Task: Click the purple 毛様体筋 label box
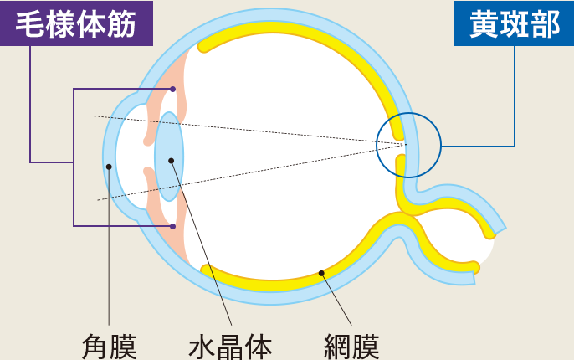tap(76, 23)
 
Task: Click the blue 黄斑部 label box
tap(514, 23)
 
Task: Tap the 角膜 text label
tap(109, 347)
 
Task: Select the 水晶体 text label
tap(230, 347)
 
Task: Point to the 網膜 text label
tap(351, 347)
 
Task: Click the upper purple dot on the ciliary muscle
tap(172, 89)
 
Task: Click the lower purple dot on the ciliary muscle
tap(172, 226)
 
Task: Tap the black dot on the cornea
tap(109, 167)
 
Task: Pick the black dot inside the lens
tap(171, 161)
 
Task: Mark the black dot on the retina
tap(321, 273)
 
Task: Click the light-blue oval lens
tap(169, 157)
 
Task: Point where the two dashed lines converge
tap(407, 144)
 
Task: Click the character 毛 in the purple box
tap(30, 24)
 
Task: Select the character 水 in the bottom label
tap(202, 347)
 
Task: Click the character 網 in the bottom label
tap(337, 347)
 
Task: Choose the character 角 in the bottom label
tap(95, 347)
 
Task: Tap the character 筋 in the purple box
tap(122, 24)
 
